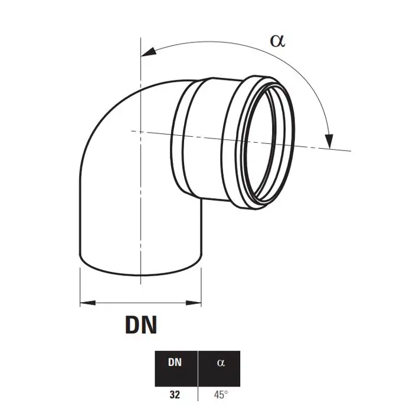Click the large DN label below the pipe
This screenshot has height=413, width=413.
[141, 324]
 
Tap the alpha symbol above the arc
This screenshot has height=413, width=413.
[278, 41]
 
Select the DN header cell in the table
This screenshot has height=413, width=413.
[176, 369]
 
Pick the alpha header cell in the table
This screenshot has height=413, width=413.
[219, 369]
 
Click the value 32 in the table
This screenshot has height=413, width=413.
[175, 395]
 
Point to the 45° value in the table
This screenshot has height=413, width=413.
[221, 395]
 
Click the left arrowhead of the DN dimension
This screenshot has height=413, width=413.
[88, 303]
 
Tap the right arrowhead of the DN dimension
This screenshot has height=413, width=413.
[194, 303]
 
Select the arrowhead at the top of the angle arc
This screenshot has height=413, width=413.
[149, 52]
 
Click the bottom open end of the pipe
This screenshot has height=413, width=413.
[140, 265]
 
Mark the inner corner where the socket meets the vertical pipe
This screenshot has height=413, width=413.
[202, 199]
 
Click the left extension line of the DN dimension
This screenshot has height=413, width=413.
[80, 287]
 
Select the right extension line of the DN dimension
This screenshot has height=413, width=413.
[202, 287]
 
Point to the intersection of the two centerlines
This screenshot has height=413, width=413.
[141, 132]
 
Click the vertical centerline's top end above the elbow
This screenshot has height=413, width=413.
[141, 38]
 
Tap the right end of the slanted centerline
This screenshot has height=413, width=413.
[351, 151]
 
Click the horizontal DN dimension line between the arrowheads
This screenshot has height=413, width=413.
[140, 303]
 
